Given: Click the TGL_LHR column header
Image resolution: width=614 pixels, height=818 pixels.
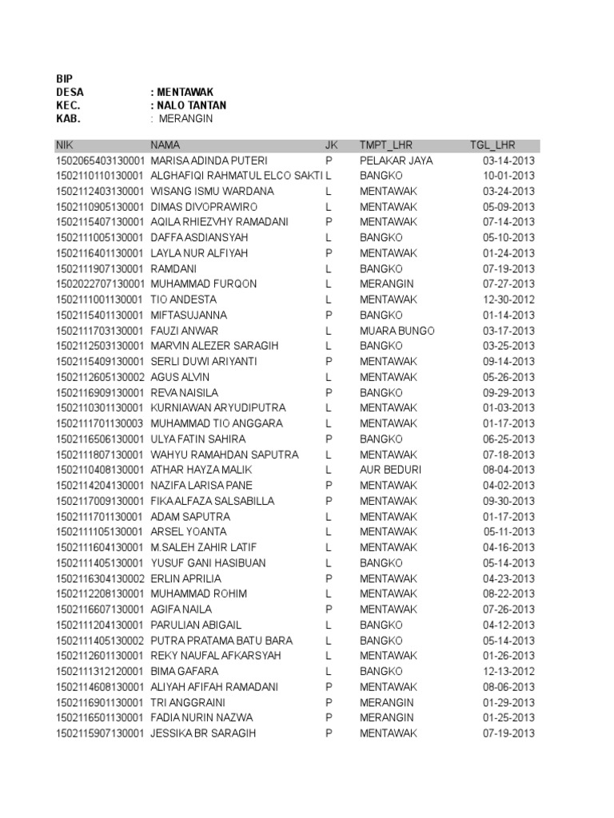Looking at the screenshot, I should coord(492,145).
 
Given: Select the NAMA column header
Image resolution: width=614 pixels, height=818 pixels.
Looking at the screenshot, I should coord(165,145).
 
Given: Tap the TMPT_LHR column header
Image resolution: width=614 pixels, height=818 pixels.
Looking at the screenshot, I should coord(384,145).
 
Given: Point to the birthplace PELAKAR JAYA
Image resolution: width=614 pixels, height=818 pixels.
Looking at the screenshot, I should coord(396,161).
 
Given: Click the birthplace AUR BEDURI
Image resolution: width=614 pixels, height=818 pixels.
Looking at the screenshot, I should coord(390,470).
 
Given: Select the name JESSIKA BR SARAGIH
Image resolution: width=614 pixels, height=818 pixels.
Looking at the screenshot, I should coord(203,733).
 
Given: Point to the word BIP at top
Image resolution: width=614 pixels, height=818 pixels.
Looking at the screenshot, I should coord(64,78).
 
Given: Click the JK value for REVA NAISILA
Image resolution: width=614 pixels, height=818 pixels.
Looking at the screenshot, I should coord(328,393).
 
